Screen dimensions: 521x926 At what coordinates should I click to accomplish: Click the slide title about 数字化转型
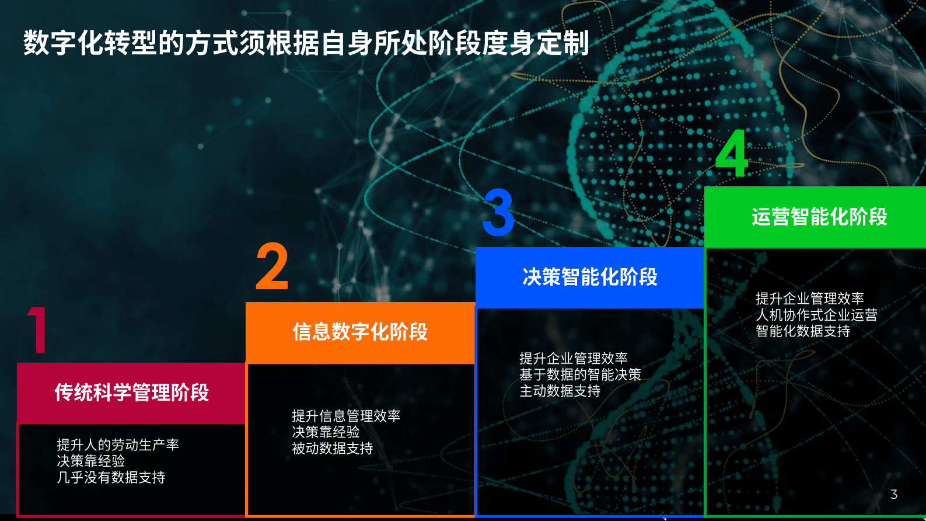pyautogui.click(x=306, y=43)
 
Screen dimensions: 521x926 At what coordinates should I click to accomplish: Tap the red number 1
pyautogui.click(x=37, y=330)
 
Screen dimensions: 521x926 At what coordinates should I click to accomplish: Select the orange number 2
pyautogui.click(x=272, y=267)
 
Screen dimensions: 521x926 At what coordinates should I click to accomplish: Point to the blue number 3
pyautogui.click(x=499, y=213)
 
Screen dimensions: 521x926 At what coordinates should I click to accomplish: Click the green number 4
pyautogui.click(x=732, y=153)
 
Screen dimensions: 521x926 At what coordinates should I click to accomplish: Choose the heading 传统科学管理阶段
pyautogui.click(x=131, y=393)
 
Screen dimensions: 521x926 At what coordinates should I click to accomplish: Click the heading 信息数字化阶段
pyautogui.click(x=360, y=332)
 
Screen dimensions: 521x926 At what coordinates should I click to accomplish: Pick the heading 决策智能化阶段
pyautogui.click(x=590, y=277)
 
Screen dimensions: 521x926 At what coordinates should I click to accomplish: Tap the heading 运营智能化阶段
pyautogui.click(x=819, y=217)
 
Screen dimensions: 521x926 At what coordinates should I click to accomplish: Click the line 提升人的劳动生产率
pyautogui.click(x=118, y=445)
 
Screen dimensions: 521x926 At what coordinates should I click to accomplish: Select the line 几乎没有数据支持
pyautogui.click(x=111, y=478)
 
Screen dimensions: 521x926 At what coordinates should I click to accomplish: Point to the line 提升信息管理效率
pyautogui.click(x=346, y=416)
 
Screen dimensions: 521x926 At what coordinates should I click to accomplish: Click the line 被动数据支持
pyautogui.click(x=332, y=449)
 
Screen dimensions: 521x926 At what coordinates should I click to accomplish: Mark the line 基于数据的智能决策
pyautogui.click(x=580, y=374)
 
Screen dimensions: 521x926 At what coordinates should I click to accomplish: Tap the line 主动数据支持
pyautogui.click(x=560, y=391)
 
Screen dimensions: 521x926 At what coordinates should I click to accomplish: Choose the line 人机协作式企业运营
pyautogui.click(x=816, y=315)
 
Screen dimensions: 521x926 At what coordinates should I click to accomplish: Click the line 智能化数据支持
pyautogui.click(x=803, y=331)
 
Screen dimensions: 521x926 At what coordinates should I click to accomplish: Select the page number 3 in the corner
pyautogui.click(x=893, y=495)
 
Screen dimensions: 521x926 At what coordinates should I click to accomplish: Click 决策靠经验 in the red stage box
pyautogui.click(x=91, y=461)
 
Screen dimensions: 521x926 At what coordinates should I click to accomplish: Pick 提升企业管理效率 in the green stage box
pyautogui.click(x=810, y=298)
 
